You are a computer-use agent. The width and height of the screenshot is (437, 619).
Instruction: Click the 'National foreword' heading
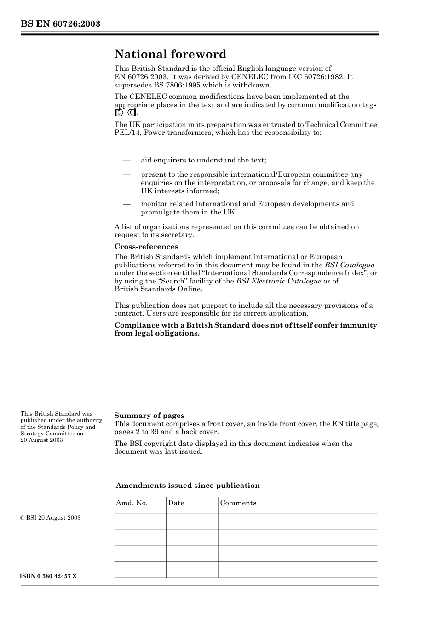[170, 54]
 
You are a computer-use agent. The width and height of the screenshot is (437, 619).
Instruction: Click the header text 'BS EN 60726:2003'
[60, 23]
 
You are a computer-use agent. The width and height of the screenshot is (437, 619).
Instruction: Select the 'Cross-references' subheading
[146, 247]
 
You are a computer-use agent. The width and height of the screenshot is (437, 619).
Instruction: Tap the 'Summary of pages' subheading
[149, 416]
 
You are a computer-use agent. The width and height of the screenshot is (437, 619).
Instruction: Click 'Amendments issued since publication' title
[188, 486]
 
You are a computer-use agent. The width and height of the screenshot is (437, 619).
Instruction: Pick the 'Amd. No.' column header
[132, 503]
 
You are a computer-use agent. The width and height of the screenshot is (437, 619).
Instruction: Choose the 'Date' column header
[176, 503]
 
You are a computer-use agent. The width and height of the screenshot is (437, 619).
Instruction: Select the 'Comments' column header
[238, 503]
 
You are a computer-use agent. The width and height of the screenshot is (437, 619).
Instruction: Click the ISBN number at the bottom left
[49, 576]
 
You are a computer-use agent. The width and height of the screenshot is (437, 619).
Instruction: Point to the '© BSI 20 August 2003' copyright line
[51, 518]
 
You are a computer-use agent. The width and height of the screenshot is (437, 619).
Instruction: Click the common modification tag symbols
[125, 113]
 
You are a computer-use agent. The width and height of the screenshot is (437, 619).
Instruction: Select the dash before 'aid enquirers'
[126, 160]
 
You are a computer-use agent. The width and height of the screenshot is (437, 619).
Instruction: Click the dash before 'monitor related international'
[126, 204]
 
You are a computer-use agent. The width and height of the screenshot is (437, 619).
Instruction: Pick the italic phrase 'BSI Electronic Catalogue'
[278, 281]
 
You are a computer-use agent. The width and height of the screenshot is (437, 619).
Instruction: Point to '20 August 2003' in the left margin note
[41, 440]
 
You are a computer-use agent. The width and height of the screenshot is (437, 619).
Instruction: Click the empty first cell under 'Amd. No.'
[140, 521]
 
